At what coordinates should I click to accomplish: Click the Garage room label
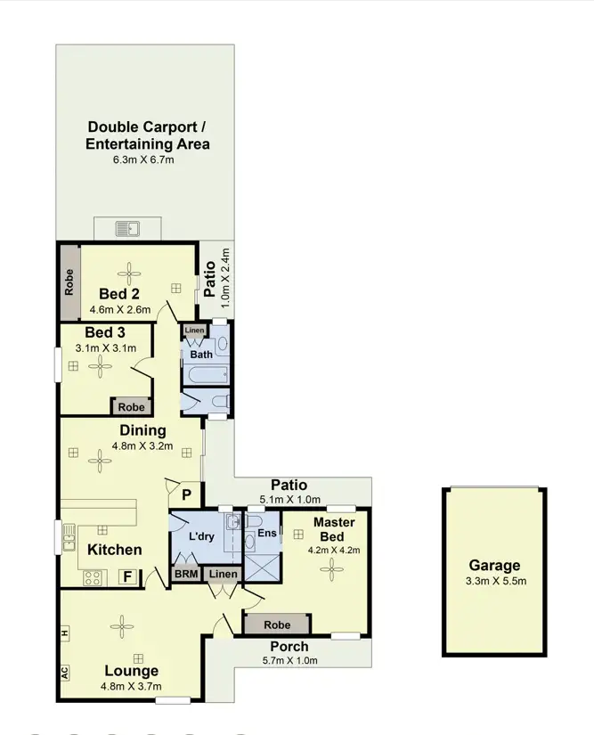pyautogui.click(x=495, y=566)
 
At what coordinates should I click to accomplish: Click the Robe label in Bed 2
pyautogui.click(x=69, y=282)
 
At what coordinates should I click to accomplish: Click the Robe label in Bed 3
pyautogui.click(x=131, y=406)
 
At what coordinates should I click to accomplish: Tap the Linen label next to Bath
pyautogui.click(x=194, y=331)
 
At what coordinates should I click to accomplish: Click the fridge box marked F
pyautogui.click(x=129, y=576)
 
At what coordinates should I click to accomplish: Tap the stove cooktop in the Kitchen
pyautogui.click(x=94, y=576)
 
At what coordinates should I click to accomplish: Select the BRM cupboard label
pyautogui.click(x=186, y=574)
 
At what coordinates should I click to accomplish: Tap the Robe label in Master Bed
pyautogui.click(x=278, y=625)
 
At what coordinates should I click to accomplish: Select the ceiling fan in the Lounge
pyautogui.click(x=120, y=626)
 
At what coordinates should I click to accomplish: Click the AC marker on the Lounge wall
pyautogui.click(x=65, y=673)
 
